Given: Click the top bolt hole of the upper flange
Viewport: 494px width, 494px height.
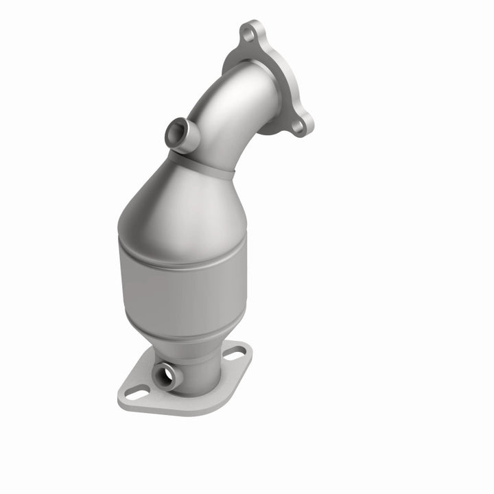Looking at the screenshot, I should click(249, 31).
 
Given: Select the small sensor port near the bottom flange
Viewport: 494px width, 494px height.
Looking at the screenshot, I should click(165, 375).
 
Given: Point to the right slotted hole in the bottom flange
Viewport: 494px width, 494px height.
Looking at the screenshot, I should click(235, 354).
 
